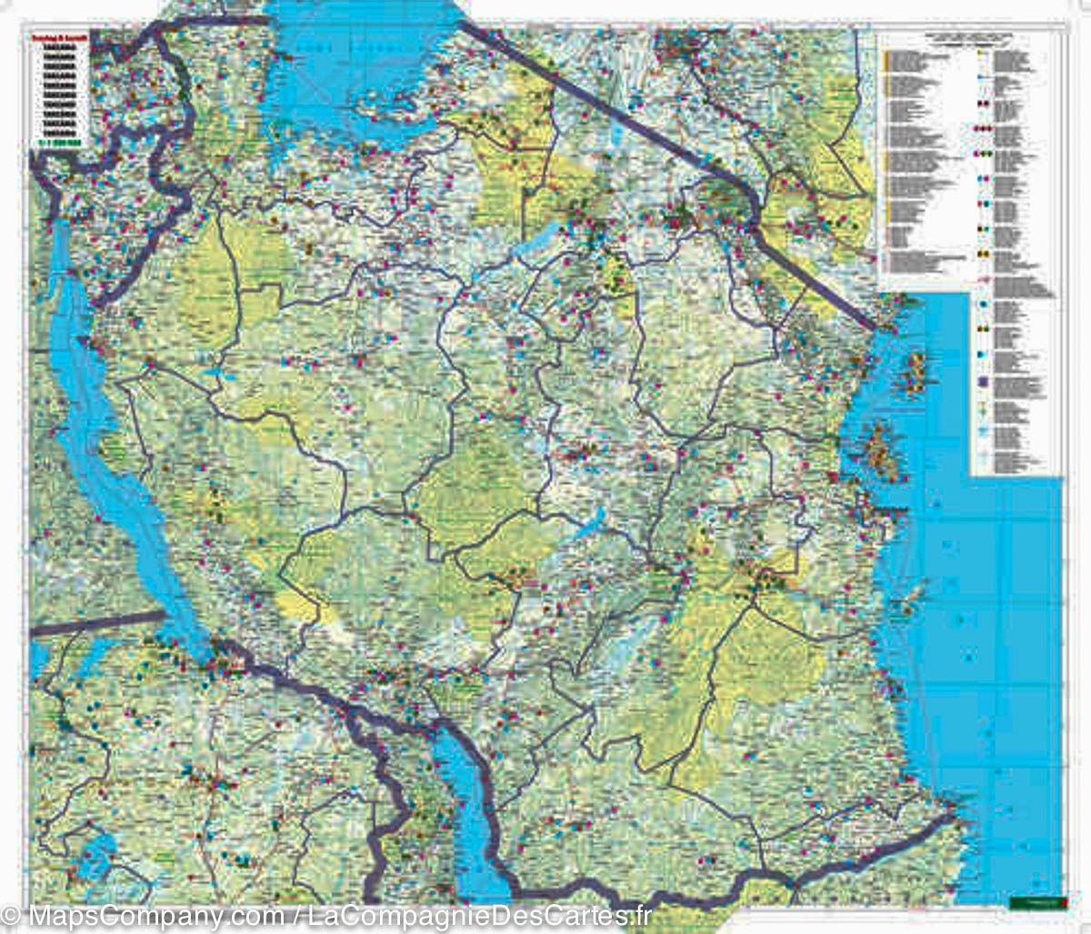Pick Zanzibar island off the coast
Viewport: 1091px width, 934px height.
pyautogui.click(x=880, y=450)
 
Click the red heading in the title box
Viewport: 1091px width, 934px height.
pyautogui.click(x=59, y=39)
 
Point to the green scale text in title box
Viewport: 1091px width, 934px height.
pyautogui.click(x=59, y=141)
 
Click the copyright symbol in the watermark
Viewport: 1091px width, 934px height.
pyautogui.click(x=10, y=914)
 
